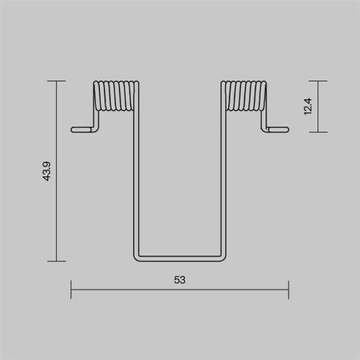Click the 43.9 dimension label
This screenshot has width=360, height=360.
[47, 171]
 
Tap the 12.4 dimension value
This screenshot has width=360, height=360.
[308, 107]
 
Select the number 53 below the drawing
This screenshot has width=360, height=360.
[180, 280]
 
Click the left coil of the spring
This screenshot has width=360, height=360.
[116, 96]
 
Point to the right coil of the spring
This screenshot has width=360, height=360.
[243, 96]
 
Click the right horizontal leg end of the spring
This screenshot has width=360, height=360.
[279, 130]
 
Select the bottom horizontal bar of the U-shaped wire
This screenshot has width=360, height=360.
[180, 258]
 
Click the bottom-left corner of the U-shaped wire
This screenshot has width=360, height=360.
[136, 259]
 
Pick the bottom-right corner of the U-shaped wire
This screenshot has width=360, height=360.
[224, 259]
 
